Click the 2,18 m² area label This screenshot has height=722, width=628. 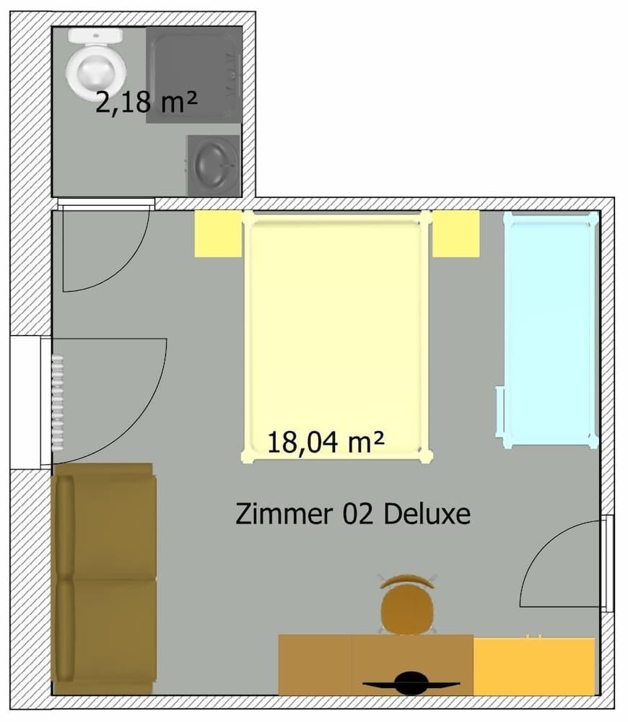click(x=147, y=102)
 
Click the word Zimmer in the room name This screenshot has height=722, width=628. click(x=277, y=514)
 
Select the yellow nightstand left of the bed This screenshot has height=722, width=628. click(x=217, y=233)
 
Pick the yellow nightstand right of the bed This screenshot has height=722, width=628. click(x=456, y=233)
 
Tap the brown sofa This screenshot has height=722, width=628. click(x=105, y=578)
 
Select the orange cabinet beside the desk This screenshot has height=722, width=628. click(x=533, y=666)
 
